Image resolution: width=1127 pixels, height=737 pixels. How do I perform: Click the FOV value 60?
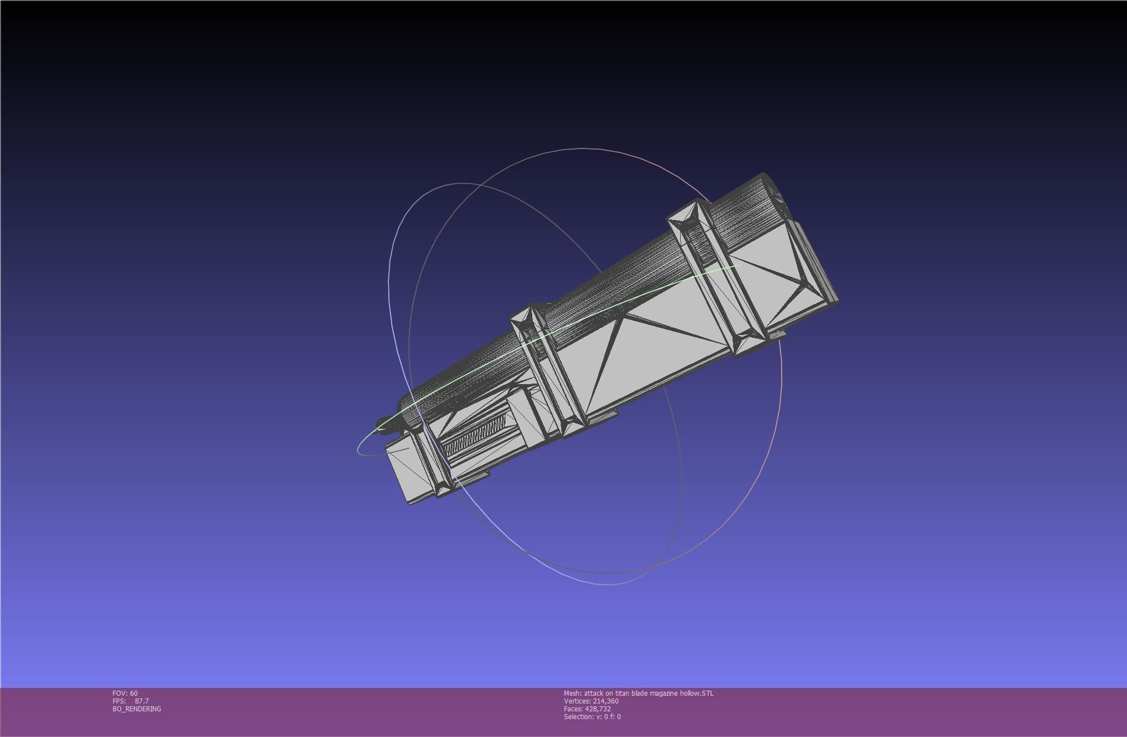coord(133,693)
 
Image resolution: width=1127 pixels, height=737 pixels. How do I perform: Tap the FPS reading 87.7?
coord(142,701)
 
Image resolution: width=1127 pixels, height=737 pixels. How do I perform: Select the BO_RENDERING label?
coord(137,709)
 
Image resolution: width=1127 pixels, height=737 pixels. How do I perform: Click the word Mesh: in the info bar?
coord(572,693)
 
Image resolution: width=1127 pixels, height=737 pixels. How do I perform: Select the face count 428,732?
coord(598,709)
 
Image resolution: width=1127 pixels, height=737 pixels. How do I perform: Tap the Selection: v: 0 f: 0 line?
coord(592,717)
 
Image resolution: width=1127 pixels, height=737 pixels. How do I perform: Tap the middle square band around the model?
coord(550,368)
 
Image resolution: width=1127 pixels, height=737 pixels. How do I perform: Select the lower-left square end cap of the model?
coord(410,472)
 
